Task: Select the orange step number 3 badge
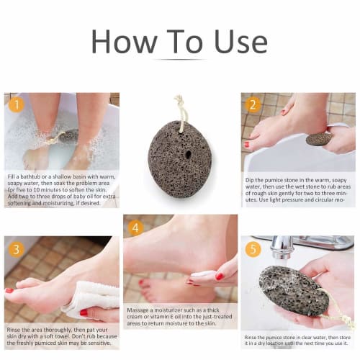[15, 248]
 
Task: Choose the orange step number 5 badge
[251, 248]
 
